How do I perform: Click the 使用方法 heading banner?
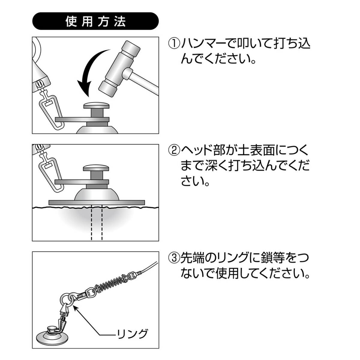(x=95, y=21)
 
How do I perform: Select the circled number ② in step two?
(x=174, y=150)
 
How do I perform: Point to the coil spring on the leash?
(x=110, y=283)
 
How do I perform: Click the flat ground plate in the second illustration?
(x=97, y=202)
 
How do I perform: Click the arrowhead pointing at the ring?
(x=75, y=307)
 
